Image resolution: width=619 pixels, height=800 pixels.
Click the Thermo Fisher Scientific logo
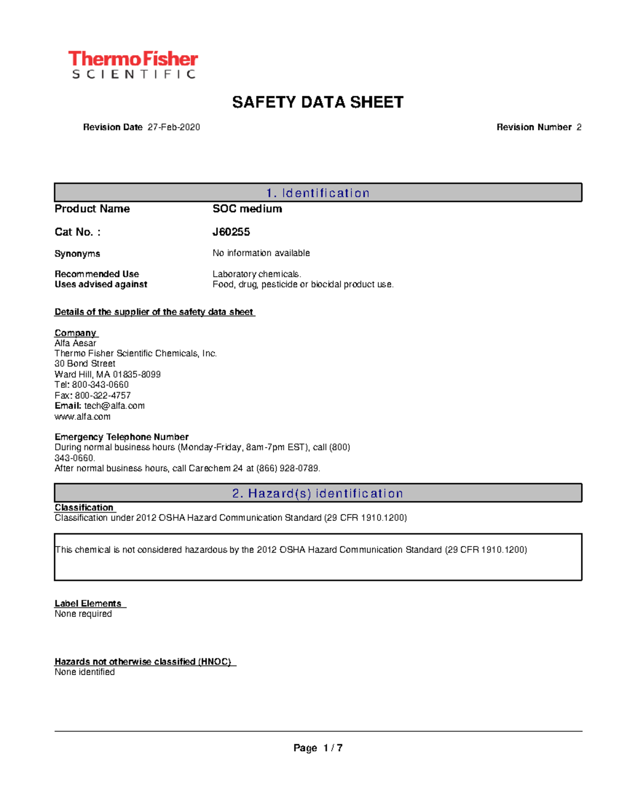133,65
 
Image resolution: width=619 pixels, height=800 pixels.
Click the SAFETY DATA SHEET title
318,102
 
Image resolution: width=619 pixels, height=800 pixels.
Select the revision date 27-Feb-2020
174,127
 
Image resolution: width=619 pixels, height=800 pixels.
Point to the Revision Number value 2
579,127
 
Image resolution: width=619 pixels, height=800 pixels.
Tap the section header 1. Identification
318,193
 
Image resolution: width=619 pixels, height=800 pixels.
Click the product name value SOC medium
247,209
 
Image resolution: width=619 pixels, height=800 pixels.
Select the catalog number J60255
231,232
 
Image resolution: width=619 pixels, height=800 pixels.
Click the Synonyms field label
77,253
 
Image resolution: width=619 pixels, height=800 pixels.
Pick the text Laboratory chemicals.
257,274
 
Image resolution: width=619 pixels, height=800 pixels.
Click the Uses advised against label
101,284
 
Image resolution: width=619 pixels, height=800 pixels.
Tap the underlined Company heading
76,333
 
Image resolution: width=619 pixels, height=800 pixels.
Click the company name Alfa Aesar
75,343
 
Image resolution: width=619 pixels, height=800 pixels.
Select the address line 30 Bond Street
85,364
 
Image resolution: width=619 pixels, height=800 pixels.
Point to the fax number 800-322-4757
103,396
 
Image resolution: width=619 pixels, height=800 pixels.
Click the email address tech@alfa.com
115,406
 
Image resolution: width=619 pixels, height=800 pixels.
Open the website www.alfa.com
83,417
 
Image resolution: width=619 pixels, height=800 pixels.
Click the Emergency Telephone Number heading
122,437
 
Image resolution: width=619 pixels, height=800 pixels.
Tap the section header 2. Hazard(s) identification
318,493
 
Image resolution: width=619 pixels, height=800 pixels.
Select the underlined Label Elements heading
88,603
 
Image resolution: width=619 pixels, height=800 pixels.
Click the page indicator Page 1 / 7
318,748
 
